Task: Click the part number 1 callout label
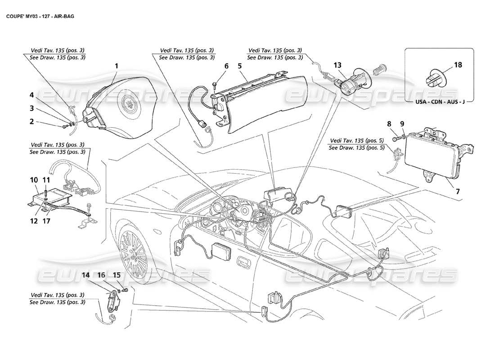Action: [116, 66]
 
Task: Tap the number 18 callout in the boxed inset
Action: [458, 65]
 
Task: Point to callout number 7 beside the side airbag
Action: [458, 191]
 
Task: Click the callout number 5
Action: [240, 66]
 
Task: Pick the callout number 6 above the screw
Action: [226, 66]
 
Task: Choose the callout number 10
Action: [34, 180]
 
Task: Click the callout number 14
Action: [86, 274]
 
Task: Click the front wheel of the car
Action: [132, 252]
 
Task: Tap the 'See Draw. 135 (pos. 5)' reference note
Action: [356, 148]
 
